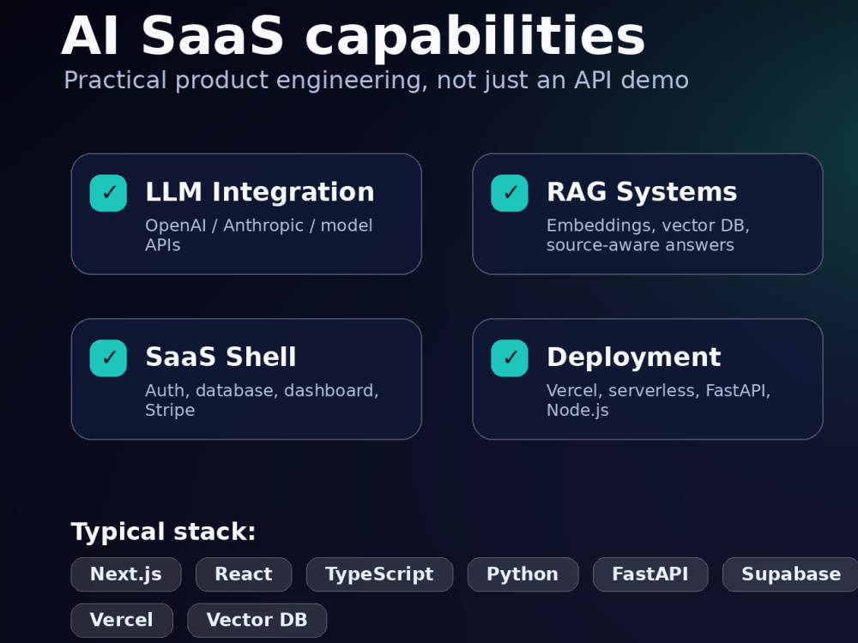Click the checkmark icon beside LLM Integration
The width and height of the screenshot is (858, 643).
click(x=108, y=193)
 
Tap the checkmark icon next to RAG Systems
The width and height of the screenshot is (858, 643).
click(x=510, y=193)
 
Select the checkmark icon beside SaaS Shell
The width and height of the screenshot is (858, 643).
click(x=108, y=358)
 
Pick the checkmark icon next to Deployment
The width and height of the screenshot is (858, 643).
click(x=510, y=358)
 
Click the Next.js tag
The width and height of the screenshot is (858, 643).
click(x=126, y=574)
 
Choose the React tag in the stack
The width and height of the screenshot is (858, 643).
click(x=244, y=574)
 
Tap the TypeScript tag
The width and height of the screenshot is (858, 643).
click(x=379, y=574)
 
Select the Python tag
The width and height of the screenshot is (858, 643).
click(x=523, y=574)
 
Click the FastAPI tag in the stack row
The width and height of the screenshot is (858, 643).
click(x=650, y=574)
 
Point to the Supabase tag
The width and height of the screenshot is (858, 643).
click(x=791, y=574)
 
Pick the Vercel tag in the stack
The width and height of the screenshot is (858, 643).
click(x=122, y=620)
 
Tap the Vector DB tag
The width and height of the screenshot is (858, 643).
click(x=257, y=620)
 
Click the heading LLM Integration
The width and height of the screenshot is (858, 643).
click(x=260, y=192)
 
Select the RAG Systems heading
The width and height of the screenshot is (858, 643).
click(x=642, y=192)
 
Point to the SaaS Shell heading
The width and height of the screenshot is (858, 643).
click(x=221, y=357)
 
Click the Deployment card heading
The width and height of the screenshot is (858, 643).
click(x=634, y=358)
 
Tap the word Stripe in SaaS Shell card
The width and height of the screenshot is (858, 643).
click(x=170, y=410)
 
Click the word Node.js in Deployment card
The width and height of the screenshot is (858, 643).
click(x=577, y=410)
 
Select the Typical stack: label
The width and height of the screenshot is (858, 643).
click(x=163, y=532)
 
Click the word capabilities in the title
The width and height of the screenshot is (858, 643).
click(x=475, y=37)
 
